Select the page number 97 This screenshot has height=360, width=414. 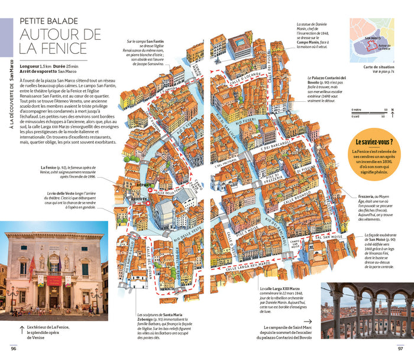[x=400, y=348]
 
